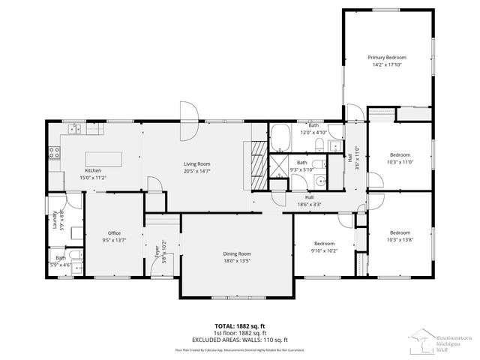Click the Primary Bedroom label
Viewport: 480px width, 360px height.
pyautogui.click(x=387, y=57)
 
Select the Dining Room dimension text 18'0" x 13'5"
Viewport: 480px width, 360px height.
pyautogui.click(x=236, y=261)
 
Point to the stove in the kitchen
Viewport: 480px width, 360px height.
pyautogui.click(x=53, y=153)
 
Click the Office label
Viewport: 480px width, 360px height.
pyautogui.click(x=114, y=233)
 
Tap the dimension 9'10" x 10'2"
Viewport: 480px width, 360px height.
pyautogui.click(x=324, y=251)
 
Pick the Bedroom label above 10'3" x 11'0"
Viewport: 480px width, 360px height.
pyautogui.click(x=400, y=154)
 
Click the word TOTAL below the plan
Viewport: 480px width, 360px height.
pyautogui.click(x=217, y=326)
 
